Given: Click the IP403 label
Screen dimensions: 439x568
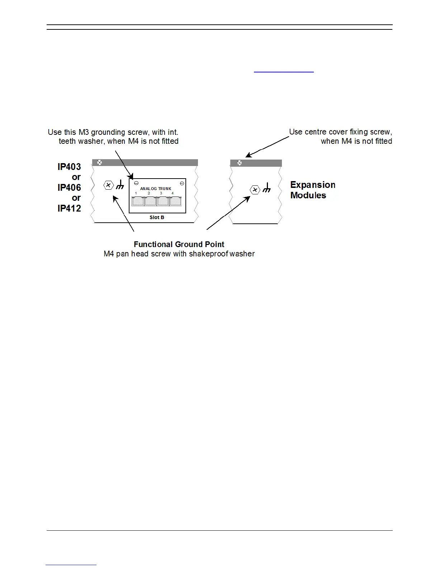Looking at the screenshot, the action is pyautogui.click(x=69, y=167).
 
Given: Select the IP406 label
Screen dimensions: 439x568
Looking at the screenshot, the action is pyautogui.click(x=69, y=188).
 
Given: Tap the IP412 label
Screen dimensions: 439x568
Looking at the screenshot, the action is pyautogui.click(x=69, y=208).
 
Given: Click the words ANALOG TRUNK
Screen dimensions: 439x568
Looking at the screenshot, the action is pyautogui.click(x=156, y=189).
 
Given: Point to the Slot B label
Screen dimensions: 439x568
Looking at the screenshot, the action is pyautogui.click(x=157, y=217).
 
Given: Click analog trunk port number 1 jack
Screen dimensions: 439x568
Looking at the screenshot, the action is pyautogui.click(x=138, y=201).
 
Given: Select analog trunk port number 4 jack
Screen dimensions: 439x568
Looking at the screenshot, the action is pyautogui.click(x=175, y=201).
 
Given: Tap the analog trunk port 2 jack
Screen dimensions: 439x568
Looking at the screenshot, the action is pyautogui.click(x=150, y=201).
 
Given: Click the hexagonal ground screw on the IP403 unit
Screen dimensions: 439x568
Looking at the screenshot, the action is pyautogui.click(x=108, y=185).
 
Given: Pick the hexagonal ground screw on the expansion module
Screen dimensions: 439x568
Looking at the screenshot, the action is pyautogui.click(x=255, y=190).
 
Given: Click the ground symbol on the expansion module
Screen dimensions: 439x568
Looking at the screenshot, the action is pyautogui.click(x=266, y=188).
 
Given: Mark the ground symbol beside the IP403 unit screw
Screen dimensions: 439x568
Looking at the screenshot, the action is pyautogui.click(x=120, y=184).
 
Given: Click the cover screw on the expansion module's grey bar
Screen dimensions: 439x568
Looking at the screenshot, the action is pyautogui.click(x=240, y=163).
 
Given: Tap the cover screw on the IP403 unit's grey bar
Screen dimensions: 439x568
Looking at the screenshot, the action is pyautogui.click(x=100, y=162).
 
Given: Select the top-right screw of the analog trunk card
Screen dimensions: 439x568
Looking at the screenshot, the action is pyautogui.click(x=182, y=183).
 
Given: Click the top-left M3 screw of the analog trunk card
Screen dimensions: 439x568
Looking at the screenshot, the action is pyautogui.click(x=136, y=183).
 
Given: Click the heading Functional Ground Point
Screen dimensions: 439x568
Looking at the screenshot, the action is pyautogui.click(x=179, y=245).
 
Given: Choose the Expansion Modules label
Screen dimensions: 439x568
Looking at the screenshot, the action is pyautogui.click(x=313, y=190).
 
